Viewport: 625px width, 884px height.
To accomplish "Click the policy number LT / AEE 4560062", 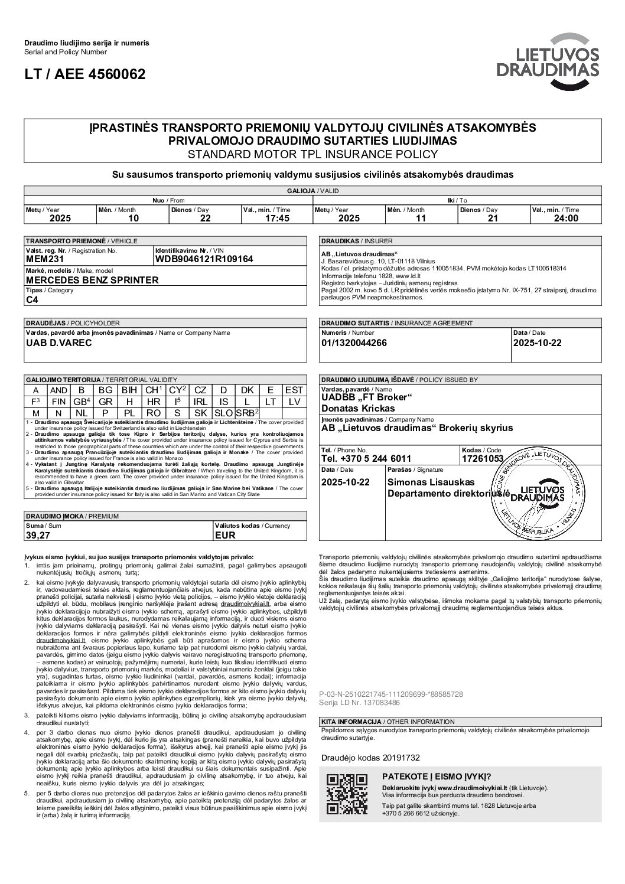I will pos(84,74).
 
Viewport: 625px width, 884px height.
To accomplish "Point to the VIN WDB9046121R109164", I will pos(204,259).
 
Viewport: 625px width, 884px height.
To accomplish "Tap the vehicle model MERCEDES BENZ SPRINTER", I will pos(93,280).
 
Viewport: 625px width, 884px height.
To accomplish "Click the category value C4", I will pos(34,299).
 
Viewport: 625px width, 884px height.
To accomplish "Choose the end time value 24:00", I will pos(565,218).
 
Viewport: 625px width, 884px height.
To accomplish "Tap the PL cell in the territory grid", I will pos(129,413).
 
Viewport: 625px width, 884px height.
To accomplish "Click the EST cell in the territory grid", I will pos(294,390).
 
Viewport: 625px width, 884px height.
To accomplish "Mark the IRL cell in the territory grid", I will pos(200,402).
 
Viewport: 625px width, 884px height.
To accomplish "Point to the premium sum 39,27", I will pos(37,535).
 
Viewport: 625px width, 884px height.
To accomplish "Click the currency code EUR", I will pos(226,535).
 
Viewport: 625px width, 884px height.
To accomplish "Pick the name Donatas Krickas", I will pos(358,408).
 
